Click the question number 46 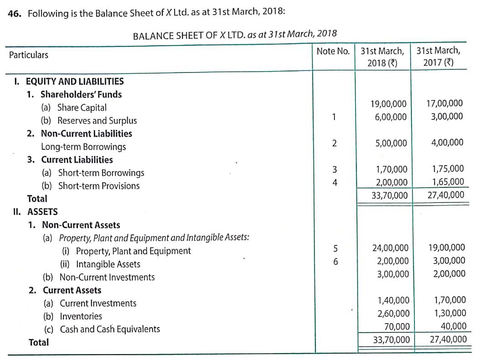pos(15,14)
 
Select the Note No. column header pos(333,51)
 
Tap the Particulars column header pos(28,55)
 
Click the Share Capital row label pos(82,108)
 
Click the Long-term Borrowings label pos(83,147)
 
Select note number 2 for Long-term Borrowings pos(334,143)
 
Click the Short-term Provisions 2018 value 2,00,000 pos(391,182)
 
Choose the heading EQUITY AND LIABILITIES pos(74,82)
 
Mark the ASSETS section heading pos(42,212)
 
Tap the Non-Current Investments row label pos(107,277)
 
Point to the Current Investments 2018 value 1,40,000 pos(393,300)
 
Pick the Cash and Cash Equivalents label pos(110,329)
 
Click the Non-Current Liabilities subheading pos(87,134)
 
